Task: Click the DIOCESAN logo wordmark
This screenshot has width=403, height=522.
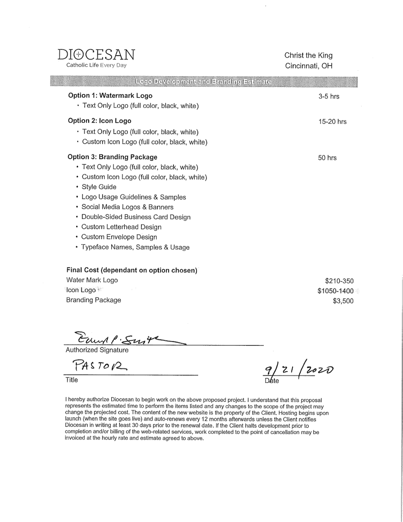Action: click(x=96, y=55)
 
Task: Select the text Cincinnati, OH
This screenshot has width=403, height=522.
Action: click(x=308, y=66)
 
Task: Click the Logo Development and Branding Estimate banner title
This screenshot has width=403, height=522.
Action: click(x=203, y=82)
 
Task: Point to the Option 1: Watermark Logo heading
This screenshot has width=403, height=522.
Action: click(x=110, y=96)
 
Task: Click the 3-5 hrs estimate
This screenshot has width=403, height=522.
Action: click(x=329, y=97)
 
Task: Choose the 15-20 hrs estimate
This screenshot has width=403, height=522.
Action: click(x=332, y=122)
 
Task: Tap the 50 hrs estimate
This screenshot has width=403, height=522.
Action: click(x=327, y=158)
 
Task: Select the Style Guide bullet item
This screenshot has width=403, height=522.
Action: click(x=99, y=187)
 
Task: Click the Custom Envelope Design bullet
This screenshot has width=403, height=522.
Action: click(x=119, y=237)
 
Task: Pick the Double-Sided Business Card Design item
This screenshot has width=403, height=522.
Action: click(x=136, y=217)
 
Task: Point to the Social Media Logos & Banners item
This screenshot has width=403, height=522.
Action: click(x=127, y=207)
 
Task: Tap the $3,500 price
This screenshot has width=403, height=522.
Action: click(x=343, y=301)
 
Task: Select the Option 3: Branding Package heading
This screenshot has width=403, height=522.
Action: click(x=112, y=157)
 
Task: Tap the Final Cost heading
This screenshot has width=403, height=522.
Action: click(x=132, y=270)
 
